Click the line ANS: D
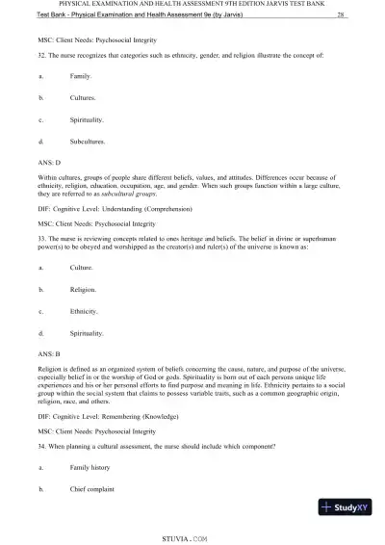47,163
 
